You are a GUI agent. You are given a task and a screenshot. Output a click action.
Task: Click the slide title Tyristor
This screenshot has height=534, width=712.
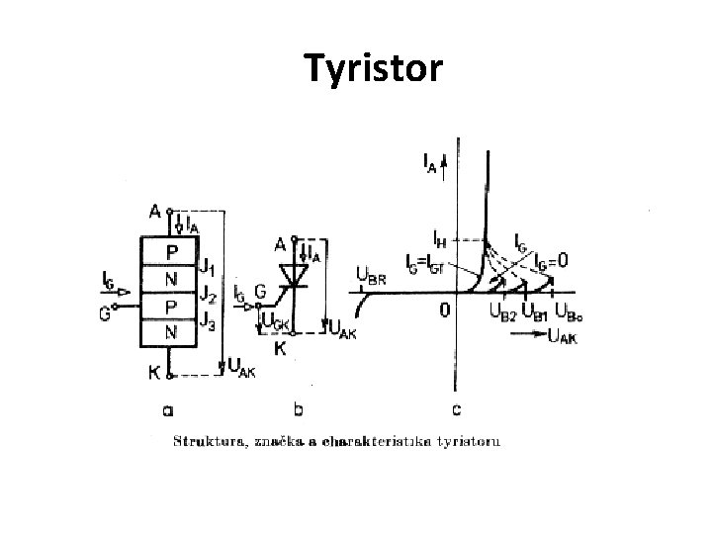tap(374, 69)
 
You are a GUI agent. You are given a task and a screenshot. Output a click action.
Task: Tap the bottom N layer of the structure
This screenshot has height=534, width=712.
tap(171, 333)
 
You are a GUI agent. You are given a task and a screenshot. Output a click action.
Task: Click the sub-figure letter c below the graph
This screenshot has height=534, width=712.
tap(456, 407)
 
